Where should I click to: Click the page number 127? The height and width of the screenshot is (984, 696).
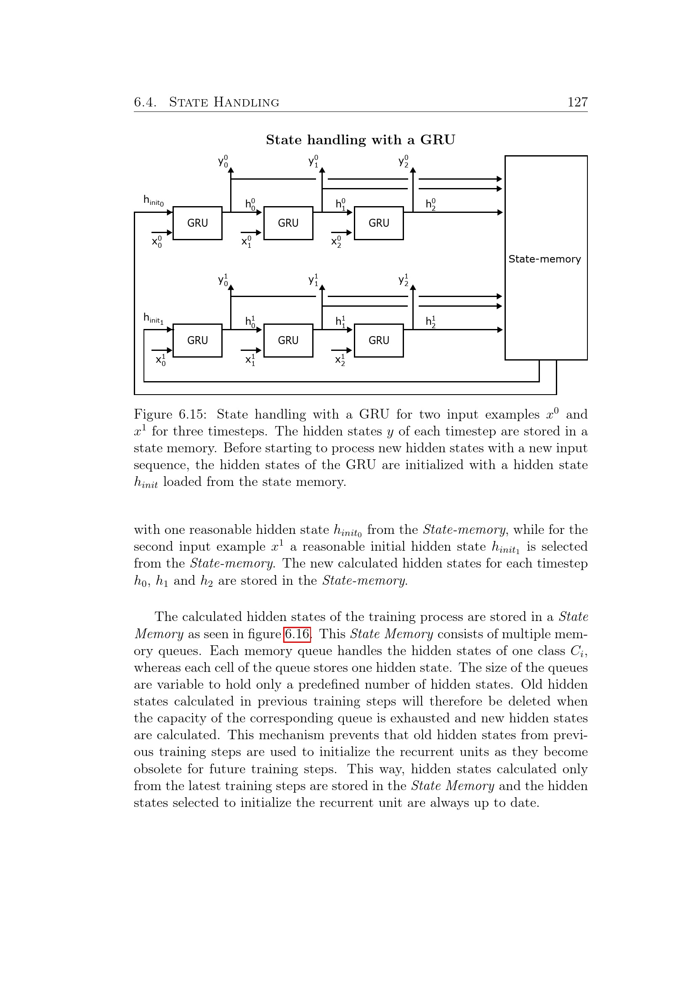pyautogui.click(x=577, y=102)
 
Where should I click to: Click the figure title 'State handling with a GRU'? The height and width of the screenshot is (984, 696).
pyautogui.click(x=361, y=140)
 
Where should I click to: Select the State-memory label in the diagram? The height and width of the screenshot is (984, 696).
pyautogui.click(x=544, y=259)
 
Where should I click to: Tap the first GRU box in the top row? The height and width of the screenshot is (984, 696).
pyautogui.click(x=198, y=223)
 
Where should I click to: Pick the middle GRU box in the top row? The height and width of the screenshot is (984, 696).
pyautogui.click(x=288, y=223)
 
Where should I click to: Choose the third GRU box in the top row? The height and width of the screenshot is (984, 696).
pyautogui.click(x=379, y=223)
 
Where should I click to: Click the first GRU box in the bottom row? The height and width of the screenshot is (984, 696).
pyautogui.click(x=198, y=340)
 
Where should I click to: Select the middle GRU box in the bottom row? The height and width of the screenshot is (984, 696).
pyautogui.click(x=288, y=340)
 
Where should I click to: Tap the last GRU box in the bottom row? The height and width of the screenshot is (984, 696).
pyautogui.click(x=379, y=340)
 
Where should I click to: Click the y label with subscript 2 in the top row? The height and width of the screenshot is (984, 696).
pyautogui.click(x=403, y=161)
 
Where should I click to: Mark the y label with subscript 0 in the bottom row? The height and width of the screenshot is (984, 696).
pyautogui.click(x=223, y=280)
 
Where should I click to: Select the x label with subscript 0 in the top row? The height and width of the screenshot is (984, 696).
pyautogui.click(x=157, y=242)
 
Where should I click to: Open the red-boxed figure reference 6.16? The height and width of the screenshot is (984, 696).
pyautogui.click(x=297, y=634)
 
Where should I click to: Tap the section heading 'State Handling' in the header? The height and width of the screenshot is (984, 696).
pyautogui.click(x=224, y=102)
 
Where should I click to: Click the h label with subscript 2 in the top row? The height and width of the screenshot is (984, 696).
pyautogui.click(x=431, y=204)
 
